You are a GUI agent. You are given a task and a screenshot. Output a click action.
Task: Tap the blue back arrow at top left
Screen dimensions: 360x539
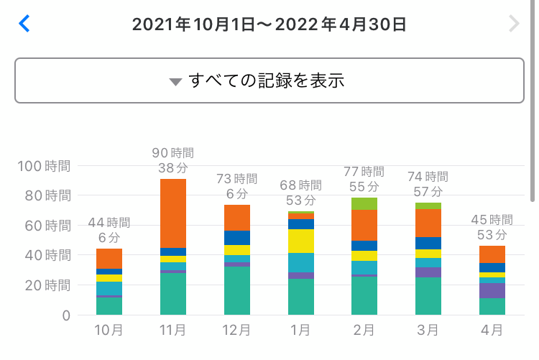pos(24,24)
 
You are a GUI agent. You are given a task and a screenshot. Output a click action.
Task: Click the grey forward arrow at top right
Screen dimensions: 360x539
pos(513,24)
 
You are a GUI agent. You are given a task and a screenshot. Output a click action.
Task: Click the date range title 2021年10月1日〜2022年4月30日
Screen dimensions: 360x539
pos(269,24)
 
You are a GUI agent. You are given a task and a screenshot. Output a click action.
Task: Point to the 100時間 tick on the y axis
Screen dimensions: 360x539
pos(43,166)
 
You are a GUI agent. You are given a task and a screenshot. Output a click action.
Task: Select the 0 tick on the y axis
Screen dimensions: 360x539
pos(65,315)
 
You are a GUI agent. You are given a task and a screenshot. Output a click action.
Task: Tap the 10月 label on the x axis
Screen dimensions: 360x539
pos(109,331)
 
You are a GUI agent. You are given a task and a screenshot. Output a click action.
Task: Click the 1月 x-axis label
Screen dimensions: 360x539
pos(300,331)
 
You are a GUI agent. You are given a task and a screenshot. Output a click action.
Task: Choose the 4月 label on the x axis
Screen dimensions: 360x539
pos(492,331)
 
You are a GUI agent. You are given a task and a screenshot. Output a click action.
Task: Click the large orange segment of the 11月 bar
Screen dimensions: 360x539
pos(172,213)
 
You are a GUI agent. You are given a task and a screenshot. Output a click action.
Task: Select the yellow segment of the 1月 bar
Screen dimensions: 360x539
pos(300,241)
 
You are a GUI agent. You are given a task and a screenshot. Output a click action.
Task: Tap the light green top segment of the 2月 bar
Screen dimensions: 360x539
pos(364,203)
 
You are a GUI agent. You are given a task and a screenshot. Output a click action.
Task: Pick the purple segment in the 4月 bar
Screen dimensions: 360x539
pos(492,290)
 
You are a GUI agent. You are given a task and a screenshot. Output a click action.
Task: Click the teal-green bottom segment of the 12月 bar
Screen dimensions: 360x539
pos(236,290)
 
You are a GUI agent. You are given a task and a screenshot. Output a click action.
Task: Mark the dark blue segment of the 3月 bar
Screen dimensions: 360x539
pos(428,243)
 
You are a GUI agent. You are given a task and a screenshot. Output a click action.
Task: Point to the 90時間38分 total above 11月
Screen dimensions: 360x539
pos(172,160)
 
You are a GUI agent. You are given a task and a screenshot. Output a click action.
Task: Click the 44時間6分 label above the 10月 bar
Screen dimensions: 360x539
pos(109,229)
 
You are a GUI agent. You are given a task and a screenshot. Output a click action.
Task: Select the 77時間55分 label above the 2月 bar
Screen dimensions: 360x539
pos(364,179)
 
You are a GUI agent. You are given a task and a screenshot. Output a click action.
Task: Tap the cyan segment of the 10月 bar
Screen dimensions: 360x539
pos(109,288)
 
